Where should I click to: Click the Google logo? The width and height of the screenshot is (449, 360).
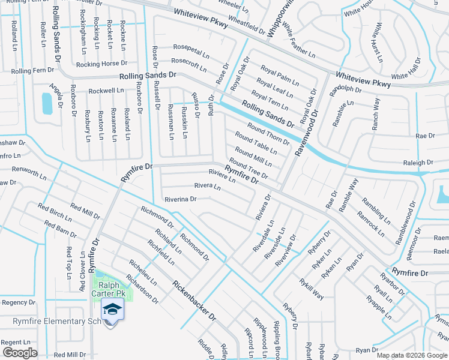(x=20, y=353)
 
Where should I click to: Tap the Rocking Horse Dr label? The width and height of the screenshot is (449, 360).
(x=102, y=63)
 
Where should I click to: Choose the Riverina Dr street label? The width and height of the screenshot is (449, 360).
(x=180, y=199)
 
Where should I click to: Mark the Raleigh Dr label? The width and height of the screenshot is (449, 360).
(x=418, y=163)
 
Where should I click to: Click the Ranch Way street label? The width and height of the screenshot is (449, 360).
(x=376, y=113)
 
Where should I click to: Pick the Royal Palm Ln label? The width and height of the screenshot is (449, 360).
(x=280, y=76)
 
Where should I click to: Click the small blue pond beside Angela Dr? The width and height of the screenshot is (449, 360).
(x=47, y=104)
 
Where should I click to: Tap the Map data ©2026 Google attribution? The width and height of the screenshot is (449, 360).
(x=411, y=355)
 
